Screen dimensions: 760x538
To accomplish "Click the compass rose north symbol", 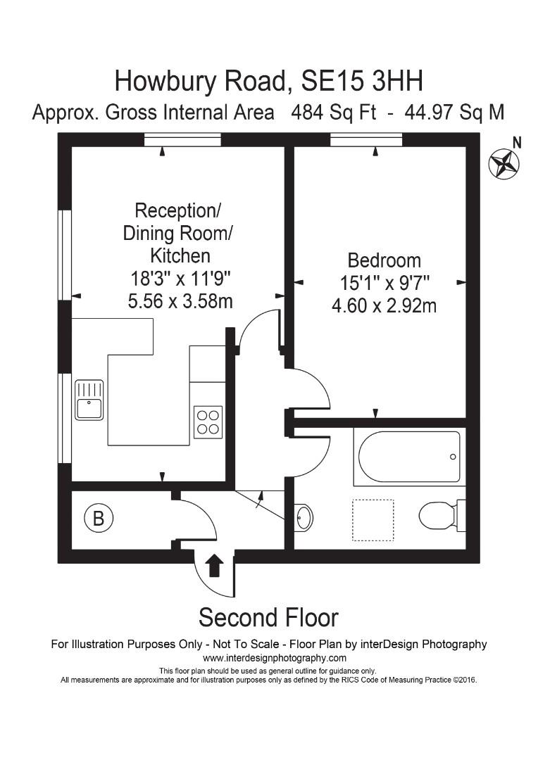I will [504, 163].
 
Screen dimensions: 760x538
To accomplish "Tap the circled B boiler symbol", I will [98, 519].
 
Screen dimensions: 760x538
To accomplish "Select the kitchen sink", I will [89, 400].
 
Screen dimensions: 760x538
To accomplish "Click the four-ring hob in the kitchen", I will [208, 422].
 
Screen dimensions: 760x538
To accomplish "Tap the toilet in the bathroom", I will [439, 516].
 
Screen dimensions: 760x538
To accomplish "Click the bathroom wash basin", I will [304, 518].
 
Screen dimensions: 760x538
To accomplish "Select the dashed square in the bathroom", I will [373, 520].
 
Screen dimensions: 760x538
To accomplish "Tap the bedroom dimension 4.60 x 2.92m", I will [384, 306].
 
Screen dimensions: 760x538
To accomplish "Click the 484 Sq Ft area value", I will [334, 113].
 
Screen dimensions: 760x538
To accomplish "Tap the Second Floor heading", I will [268, 617].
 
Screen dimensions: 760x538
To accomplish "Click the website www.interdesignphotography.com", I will [275, 658].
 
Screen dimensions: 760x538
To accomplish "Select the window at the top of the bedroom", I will [366, 140].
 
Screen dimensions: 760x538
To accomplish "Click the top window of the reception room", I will [182, 140].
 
